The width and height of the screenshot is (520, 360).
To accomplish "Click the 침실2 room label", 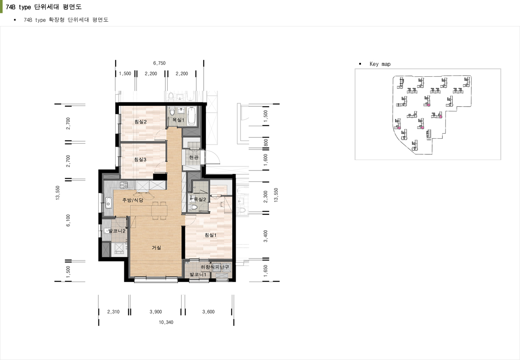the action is (x=140, y=121).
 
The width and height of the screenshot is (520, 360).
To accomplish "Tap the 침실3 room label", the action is (x=140, y=160).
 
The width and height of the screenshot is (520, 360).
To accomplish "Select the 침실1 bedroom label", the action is (x=211, y=235).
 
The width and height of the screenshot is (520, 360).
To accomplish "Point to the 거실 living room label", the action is (x=156, y=248).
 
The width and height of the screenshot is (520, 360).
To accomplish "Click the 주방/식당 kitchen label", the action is (x=133, y=200).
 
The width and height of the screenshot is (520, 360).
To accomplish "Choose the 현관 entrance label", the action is (x=194, y=157).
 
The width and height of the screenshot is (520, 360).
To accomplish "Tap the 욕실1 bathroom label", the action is (x=178, y=120).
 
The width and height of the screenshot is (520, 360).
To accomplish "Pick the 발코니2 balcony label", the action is (x=117, y=231).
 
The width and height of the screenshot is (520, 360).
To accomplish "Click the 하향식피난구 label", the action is (x=215, y=267).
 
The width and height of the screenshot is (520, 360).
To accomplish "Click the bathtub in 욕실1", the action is (x=192, y=116).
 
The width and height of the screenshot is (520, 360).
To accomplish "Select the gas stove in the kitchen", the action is (x=124, y=185).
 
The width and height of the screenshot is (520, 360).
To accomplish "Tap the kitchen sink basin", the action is (x=108, y=202).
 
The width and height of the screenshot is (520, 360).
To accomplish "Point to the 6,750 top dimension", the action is (x=159, y=63).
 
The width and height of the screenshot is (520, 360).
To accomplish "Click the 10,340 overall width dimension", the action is (x=166, y=322).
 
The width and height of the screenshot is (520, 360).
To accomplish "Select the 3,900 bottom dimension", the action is (x=156, y=312).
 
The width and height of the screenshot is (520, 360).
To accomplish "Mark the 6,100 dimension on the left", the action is (x=68, y=220).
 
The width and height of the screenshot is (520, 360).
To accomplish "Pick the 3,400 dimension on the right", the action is (x=266, y=236).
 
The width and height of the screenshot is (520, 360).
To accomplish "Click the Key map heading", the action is (x=380, y=64).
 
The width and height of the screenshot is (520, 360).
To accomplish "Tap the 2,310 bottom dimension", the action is (x=113, y=312).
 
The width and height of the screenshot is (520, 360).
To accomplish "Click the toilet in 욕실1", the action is (x=172, y=112).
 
